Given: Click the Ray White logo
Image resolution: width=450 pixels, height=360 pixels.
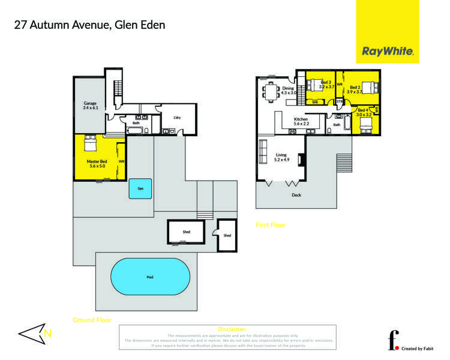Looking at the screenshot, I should [x=388, y=52].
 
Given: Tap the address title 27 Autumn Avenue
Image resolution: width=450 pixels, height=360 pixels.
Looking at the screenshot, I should [x=89, y=25].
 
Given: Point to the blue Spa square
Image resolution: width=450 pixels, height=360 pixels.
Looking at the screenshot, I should [x=140, y=188].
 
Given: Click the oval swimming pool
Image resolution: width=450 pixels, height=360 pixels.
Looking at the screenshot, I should [x=149, y=277].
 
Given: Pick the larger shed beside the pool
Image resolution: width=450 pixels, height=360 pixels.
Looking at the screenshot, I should [x=185, y=232].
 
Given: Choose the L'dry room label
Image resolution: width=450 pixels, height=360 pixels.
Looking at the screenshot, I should [x=177, y=118].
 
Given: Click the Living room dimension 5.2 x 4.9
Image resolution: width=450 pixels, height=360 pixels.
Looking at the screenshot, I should [x=281, y=160].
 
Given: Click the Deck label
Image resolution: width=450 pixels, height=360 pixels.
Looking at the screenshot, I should [x=296, y=195].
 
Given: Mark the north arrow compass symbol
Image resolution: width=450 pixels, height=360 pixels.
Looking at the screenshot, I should [x=35, y=334].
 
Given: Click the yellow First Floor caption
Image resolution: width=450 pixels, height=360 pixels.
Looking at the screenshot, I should [x=271, y=225].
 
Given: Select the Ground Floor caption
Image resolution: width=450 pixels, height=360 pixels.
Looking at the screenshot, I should [x=92, y=320].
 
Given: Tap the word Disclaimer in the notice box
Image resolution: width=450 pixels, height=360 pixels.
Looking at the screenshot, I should [x=232, y=329].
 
